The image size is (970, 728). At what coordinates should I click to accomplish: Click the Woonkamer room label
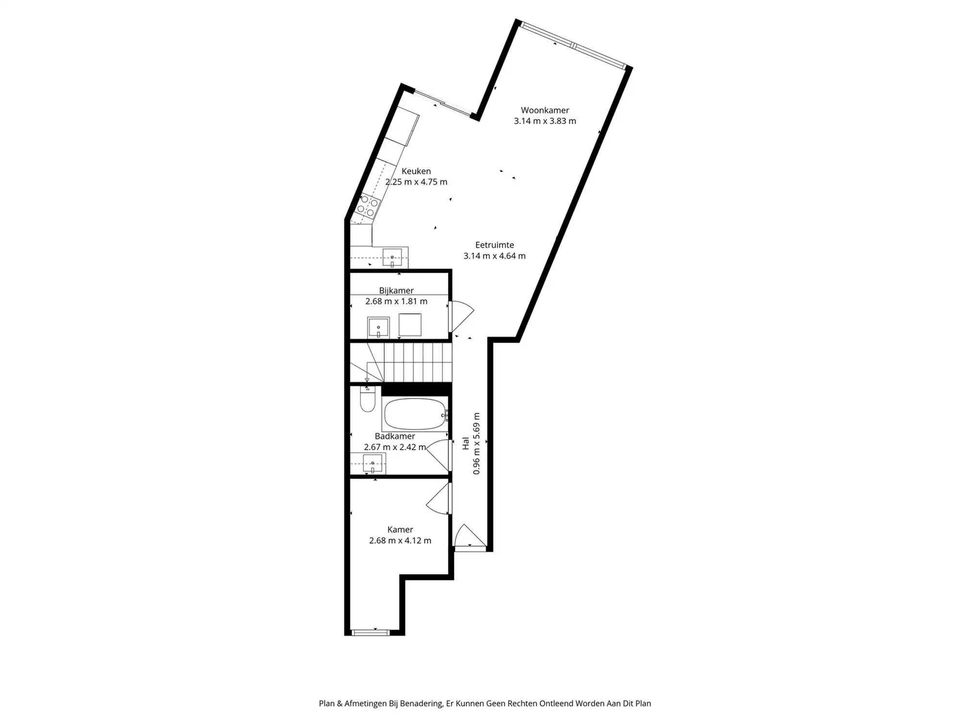[x=545, y=110]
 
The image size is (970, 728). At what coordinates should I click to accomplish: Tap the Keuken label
[x=416, y=171]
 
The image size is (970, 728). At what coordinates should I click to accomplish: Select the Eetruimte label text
[x=494, y=245]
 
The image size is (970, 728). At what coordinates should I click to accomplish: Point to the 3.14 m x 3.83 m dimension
[x=545, y=121]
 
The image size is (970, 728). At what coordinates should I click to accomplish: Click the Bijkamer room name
[x=396, y=291]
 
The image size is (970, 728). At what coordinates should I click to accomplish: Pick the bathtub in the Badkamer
[x=415, y=414]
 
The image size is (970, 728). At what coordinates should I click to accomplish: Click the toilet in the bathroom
[x=368, y=400]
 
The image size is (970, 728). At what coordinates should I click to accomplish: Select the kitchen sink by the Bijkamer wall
[x=392, y=257]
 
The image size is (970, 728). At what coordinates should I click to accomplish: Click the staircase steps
[x=417, y=363]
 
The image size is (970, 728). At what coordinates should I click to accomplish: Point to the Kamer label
[x=400, y=529]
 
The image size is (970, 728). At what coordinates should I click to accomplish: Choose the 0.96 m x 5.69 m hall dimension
[x=476, y=443]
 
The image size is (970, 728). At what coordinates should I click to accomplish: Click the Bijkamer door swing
[x=461, y=315]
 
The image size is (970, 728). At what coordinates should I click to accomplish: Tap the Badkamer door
[x=439, y=454]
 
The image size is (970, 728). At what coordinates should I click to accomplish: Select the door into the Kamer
[x=439, y=500]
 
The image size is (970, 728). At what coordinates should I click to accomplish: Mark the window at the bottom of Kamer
[x=371, y=632]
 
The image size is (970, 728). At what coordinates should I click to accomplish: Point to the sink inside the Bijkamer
[x=378, y=327]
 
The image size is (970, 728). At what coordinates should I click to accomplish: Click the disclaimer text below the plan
[x=485, y=703]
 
